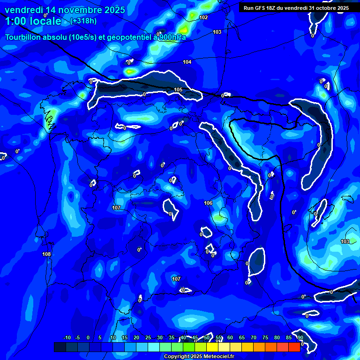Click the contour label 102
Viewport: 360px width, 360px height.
point(203,17)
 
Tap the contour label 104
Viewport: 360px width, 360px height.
point(187,62)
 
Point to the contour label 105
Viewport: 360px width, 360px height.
point(178,90)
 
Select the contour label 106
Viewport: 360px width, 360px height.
point(209,203)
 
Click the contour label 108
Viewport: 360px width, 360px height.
point(46,254)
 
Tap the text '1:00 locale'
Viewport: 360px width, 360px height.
point(33,21)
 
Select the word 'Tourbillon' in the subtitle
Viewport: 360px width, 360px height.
point(24,37)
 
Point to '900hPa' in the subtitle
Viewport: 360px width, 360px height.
point(172,37)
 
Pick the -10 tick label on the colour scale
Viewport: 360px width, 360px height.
point(67,338)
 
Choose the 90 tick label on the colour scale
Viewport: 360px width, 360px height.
point(300,338)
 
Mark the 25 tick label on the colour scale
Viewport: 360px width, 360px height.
point(148,338)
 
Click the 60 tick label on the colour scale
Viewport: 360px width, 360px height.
point(230,338)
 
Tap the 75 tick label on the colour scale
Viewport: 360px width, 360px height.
point(265,338)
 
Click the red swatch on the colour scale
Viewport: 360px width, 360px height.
point(294,347)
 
